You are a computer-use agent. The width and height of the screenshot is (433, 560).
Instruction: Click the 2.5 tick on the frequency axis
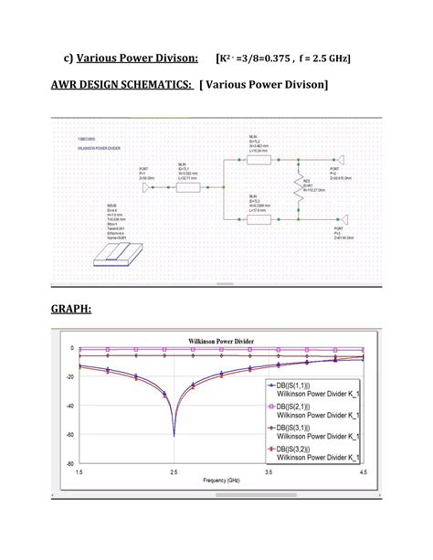(x=174, y=471)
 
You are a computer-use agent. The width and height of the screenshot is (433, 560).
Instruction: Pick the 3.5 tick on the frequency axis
(x=269, y=471)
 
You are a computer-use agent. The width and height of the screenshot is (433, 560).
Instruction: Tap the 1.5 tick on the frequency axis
(x=79, y=471)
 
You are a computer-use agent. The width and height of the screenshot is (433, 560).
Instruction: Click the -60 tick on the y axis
(x=69, y=435)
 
